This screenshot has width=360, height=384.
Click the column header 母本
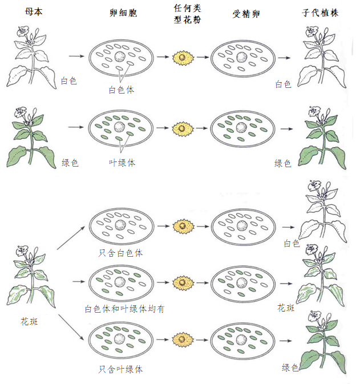tap(34, 12)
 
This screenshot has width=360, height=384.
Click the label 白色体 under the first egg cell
tap(122, 90)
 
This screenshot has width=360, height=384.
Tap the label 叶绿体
tap(122, 162)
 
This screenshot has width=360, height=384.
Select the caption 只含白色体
tap(120, 253)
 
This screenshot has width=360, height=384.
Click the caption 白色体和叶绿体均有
tap(125, 309)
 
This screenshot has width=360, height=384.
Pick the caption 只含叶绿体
tap(120, 369)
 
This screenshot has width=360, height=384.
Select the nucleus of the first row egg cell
tap(120, 57)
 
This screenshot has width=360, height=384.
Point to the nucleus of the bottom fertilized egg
tap(242, 341)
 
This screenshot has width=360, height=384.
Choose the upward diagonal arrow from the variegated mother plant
tap(72, 237)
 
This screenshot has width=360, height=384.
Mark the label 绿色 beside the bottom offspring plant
tap(290, 368)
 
